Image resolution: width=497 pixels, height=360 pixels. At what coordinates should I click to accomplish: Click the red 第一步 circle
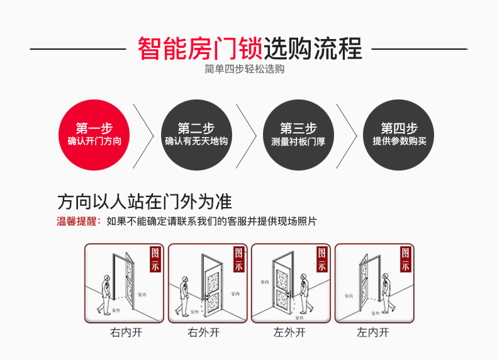[94, 135]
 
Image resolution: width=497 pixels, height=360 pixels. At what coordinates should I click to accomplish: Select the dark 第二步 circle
[196, 135]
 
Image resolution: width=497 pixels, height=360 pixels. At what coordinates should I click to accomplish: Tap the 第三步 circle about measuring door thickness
[298, 135]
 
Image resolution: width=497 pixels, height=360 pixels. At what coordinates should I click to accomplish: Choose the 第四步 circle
[399, 135]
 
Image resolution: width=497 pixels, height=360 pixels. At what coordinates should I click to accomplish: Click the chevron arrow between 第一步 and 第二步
[145, 135]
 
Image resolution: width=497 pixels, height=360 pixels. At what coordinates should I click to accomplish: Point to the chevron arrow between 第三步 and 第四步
[348, 135]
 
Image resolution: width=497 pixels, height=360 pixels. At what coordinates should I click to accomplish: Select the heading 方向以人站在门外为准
[144, 202]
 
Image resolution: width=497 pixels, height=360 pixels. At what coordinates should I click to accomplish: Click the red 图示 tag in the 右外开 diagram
[238, 259]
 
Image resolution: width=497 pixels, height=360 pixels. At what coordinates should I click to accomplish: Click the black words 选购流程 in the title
[313, 48]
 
